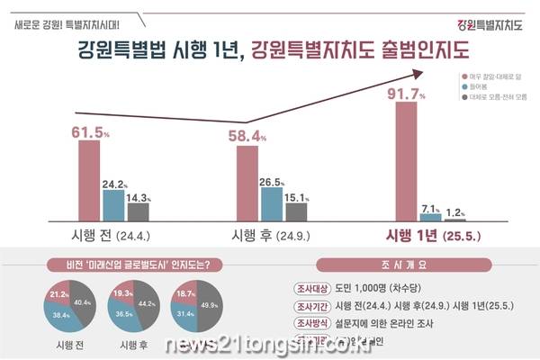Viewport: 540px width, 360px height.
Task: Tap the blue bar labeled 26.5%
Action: click(x=271, y=203)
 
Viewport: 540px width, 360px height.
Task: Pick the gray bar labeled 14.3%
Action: click(x=138, y=211)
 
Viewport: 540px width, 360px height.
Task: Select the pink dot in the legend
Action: click(x=462, y=78)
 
